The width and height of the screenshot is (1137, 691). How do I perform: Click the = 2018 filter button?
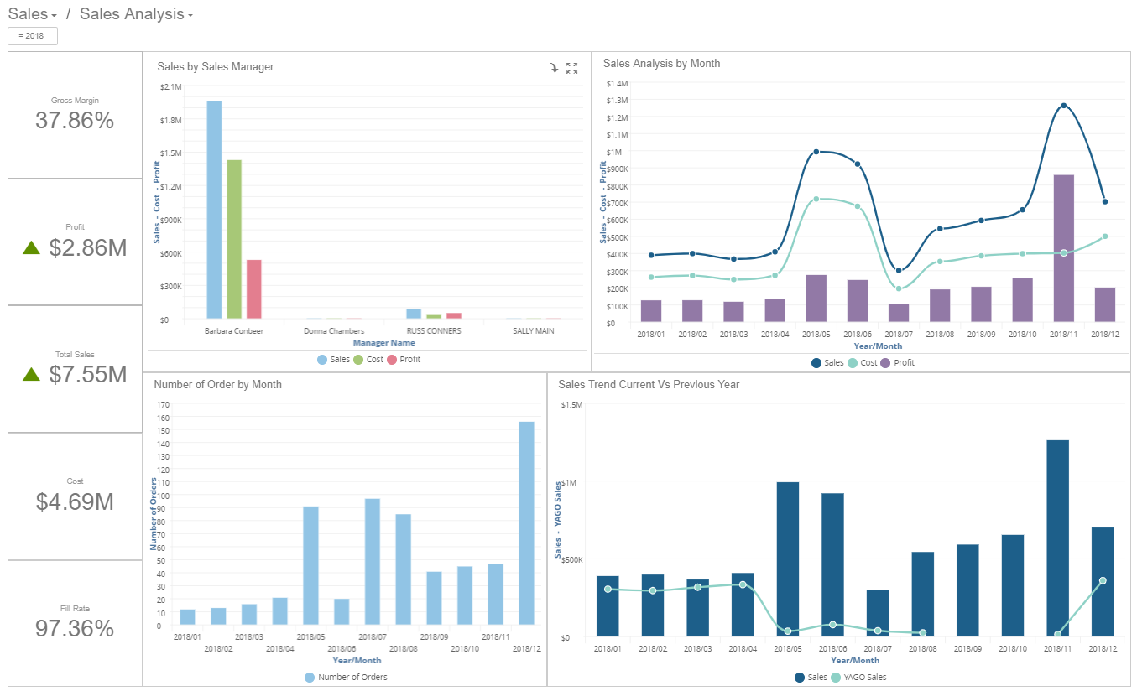click(33, 36)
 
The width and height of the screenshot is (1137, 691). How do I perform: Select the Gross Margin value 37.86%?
click(75, 121)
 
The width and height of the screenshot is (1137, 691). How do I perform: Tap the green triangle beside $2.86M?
click(31, 247)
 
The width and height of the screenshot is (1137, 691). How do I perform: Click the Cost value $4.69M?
click(75, 501)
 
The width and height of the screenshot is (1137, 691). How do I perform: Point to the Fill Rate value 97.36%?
click(75, 628)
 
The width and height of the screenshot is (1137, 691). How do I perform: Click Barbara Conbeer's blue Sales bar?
click(214, 210)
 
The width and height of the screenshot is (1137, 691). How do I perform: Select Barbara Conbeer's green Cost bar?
click(234, 239)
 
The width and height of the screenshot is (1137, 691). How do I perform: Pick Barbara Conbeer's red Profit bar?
click(254, 289)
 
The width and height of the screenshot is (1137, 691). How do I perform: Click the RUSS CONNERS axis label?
click(433, 331)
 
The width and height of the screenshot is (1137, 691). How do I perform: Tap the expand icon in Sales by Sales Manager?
click(571, 68)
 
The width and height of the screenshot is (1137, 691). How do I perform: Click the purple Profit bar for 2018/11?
click(1063, 248)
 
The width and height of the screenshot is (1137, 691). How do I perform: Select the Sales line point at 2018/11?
click(1063, 106)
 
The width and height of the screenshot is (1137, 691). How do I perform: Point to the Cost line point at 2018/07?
click(899, 288)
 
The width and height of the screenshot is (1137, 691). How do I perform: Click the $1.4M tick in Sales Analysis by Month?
click(617, 83)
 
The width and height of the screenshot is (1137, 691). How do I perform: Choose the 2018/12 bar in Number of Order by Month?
click(526, 523)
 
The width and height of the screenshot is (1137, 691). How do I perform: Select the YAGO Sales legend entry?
click(858, 677)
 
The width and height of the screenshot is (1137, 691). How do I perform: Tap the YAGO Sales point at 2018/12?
click(1103, 580)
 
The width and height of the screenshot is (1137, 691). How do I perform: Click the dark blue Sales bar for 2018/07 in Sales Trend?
click(877, 613)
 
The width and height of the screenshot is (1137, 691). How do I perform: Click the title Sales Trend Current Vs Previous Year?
click(649, 384)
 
